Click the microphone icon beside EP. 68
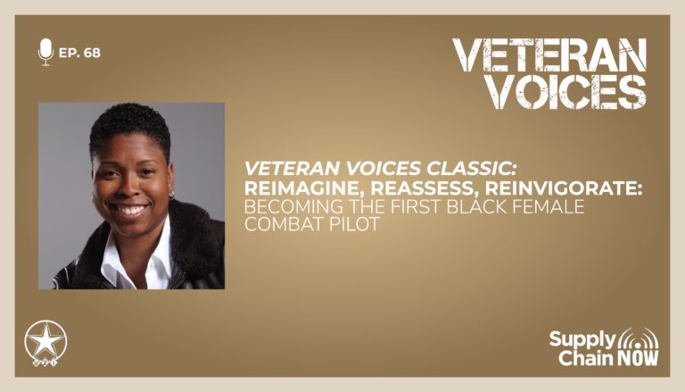45,52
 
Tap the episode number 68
92,53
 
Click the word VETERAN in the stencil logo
549,55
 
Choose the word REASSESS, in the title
425,188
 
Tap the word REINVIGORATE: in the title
564,188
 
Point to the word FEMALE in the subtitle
548,206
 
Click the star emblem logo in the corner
45,343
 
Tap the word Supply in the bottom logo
582,339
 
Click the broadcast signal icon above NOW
638,338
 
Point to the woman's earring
171,195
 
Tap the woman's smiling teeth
131,211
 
